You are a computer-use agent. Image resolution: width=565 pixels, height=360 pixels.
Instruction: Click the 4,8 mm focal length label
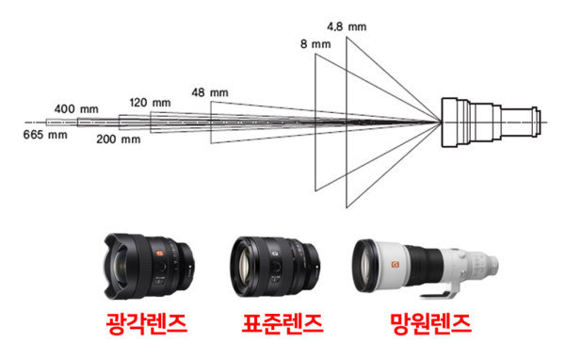[346, 26]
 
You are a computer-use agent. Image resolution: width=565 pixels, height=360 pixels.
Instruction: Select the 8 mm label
[313, 44]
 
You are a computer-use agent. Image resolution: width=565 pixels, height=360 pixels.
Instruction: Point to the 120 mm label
[151, 102]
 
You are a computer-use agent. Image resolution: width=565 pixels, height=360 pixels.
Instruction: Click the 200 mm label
[119, 139]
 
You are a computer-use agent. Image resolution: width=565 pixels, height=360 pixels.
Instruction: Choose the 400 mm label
[78, 108]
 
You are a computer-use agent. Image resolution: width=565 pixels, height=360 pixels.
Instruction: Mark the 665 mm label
[45, 135]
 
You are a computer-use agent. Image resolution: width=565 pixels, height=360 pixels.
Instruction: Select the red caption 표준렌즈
[276, 325]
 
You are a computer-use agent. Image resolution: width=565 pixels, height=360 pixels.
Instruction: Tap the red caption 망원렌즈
[429, 325]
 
